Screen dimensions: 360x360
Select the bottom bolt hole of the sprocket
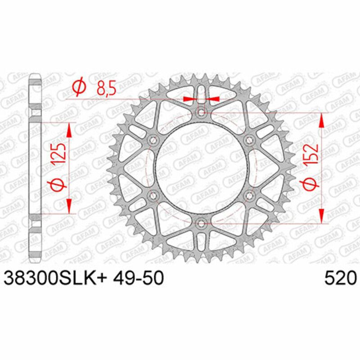point(202,223)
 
